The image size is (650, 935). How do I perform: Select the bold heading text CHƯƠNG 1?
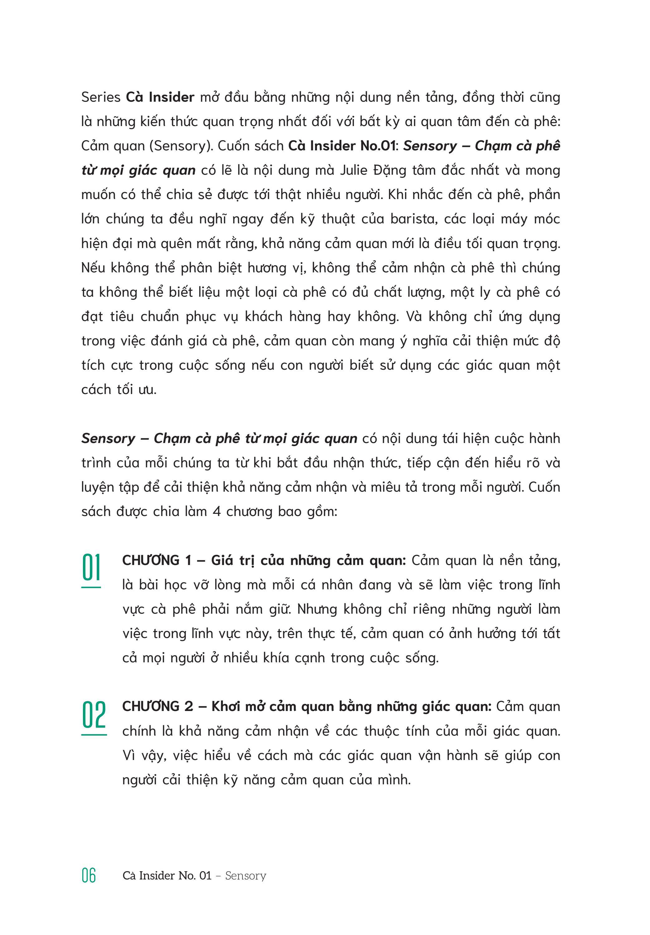pos(157,560)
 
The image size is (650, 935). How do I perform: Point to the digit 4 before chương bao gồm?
pos(217,511)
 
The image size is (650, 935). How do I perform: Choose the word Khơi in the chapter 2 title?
pos(225,707)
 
